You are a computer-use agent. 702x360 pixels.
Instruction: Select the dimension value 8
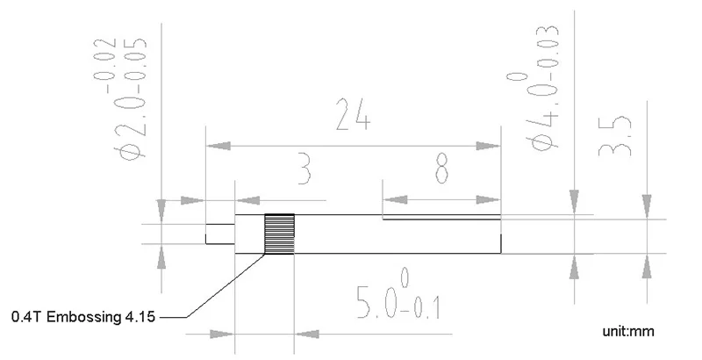447,169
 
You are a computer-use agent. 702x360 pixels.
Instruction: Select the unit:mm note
629,332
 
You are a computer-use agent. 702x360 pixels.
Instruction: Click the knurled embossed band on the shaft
280,234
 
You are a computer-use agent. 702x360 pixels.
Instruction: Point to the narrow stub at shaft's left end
219,234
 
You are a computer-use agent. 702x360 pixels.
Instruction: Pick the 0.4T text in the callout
26,317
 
